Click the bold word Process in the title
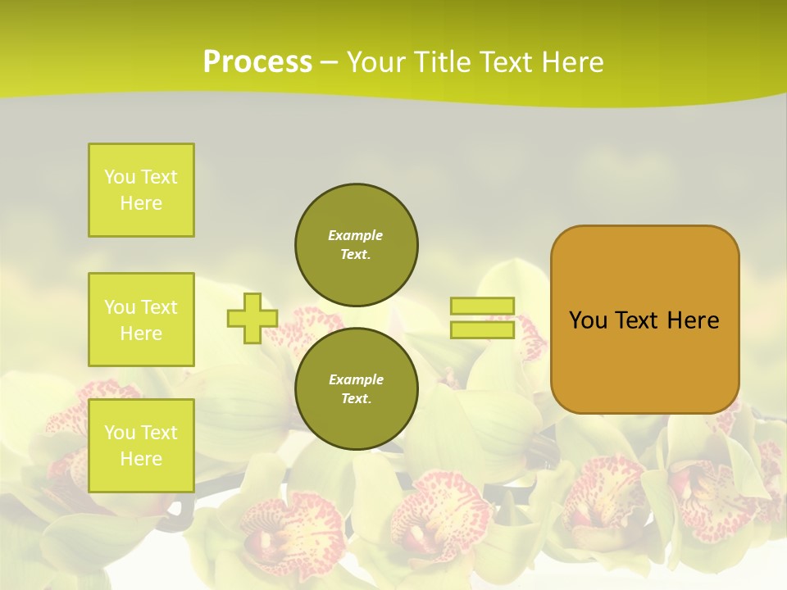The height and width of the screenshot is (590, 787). [x=257, y=62]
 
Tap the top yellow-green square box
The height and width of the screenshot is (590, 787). [x=141, y=190]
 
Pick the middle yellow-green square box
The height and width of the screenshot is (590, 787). [x=141, y=320]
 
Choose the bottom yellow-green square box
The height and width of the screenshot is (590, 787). [x=141, y=446]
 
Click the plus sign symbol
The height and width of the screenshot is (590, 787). [x=252, y=318]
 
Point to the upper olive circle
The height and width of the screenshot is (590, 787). [x=357, y=245]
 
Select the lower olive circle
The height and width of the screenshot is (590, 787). [x=357, y=389]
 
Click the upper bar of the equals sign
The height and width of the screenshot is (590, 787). [x=482, y=306]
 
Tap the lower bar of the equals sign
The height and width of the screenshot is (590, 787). [x=482, y=329]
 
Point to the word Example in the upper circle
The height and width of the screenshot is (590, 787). [x=356, y=235]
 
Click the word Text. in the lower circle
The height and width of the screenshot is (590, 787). [x=356, y=399]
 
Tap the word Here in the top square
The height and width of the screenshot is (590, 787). [x=141, y=203]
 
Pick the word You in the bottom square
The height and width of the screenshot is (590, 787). [x=120, y=433]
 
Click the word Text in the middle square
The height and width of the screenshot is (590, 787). [x=158, y=307]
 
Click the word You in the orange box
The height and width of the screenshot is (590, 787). [x=588, y=320]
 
